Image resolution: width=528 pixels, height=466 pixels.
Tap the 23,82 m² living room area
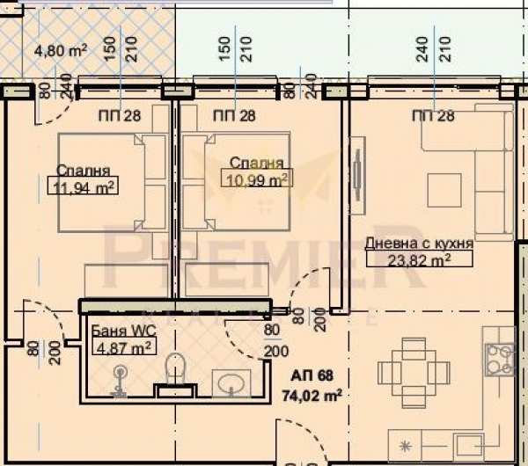(x=419, y=259)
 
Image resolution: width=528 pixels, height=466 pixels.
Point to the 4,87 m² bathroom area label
(x=123, y=346)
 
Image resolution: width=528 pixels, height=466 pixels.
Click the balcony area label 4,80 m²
(x=61, y=51)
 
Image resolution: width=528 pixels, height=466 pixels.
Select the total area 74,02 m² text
(x=312, y=395)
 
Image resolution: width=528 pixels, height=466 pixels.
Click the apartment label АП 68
(x=312, y=375)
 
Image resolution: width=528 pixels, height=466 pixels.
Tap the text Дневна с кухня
(x=419, y=243)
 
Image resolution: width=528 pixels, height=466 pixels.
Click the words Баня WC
(x=123, y=331)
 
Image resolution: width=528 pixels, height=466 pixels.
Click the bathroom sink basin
(x=231, y=382)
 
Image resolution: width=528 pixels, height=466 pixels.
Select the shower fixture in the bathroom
(x=119, y=380)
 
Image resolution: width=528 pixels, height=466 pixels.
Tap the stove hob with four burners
(x=500, y=360)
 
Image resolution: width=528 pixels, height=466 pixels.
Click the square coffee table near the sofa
(x=444, y=190)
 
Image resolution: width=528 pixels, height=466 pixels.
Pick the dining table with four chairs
(x=414, y=373)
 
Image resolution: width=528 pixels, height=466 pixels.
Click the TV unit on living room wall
(x=357, y=175)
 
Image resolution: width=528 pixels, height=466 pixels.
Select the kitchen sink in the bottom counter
(x=469, y=447)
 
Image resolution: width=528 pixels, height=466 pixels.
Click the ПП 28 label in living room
(x=433, y=116)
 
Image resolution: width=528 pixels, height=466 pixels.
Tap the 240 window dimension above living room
(x=422, y=49)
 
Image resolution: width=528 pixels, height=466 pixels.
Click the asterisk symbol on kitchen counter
(x=405, y=447)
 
